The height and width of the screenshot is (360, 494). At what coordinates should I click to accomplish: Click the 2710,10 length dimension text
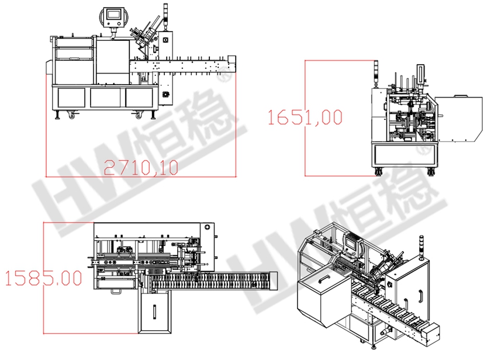coord(141,168)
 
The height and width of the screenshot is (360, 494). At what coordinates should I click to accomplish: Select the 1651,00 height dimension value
coord(305,117)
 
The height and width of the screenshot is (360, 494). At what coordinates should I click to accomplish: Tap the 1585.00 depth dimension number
coord(44,278)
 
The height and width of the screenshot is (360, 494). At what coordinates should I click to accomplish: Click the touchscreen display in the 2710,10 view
coord(114,15)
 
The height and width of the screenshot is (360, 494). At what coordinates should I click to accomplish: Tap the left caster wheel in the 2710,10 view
coord(72,116)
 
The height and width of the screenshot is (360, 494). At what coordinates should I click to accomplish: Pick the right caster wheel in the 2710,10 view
coord(139,116)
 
